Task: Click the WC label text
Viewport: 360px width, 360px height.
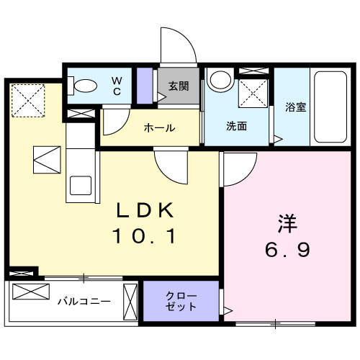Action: click(x=116, y=85)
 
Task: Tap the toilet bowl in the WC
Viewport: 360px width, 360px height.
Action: click(x=85, y=86)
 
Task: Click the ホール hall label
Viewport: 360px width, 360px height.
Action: click(x=159, y=128)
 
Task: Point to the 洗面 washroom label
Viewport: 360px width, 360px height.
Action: click(x=237, y=127)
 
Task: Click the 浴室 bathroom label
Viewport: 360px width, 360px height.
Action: click(x=295, y=108)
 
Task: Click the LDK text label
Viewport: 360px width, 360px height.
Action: click(x=146, y=210)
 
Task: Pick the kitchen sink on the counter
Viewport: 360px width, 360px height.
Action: click(x=78, y=186)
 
